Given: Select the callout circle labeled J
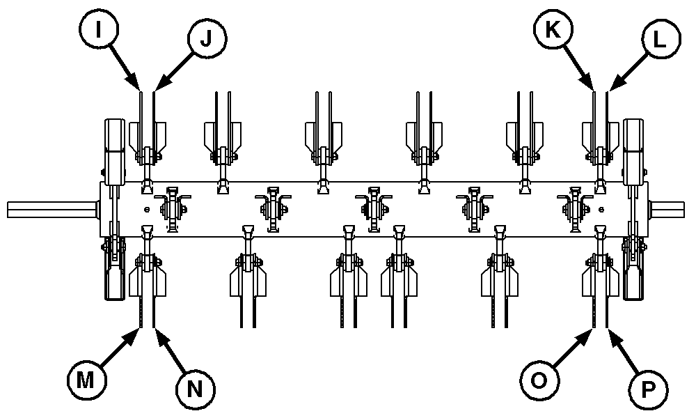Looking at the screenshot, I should [x=206, y=39].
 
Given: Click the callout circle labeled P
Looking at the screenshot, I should [x=648, y=387].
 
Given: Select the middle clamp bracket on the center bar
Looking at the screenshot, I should [x=374, y=208].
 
